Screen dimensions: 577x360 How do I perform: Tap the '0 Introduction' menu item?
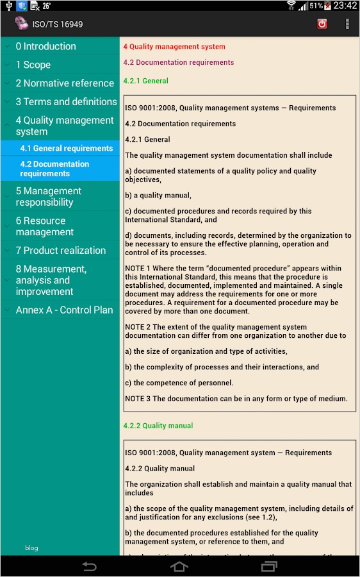pos(46,46)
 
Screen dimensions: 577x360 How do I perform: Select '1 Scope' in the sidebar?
pos(33,65)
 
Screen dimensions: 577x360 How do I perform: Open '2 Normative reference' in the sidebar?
pos(65,83)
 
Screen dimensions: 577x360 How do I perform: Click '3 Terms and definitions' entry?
pos(66,102)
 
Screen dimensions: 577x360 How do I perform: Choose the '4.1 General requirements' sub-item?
pos(67,148)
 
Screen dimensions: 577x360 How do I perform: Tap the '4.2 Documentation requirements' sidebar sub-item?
pos(55,169)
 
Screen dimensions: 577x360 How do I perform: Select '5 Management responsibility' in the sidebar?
pos(49,196)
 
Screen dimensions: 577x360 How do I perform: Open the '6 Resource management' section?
pos(45,226)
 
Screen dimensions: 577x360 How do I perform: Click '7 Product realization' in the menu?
pos(61,251)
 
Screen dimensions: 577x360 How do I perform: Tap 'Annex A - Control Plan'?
pos(64,310)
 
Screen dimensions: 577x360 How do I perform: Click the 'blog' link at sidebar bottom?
pos(32,548)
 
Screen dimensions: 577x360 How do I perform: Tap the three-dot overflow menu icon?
pos(347,24)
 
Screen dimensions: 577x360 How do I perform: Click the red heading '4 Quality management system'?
pos(174,47)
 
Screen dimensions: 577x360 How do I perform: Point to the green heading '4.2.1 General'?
pos(146,81)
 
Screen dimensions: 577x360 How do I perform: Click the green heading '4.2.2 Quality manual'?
pos(158,426)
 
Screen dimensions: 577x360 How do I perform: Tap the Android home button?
pos(179,566)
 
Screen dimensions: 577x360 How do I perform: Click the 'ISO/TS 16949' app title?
pos(58,24)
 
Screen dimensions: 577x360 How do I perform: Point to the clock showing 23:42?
pos(345,6)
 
